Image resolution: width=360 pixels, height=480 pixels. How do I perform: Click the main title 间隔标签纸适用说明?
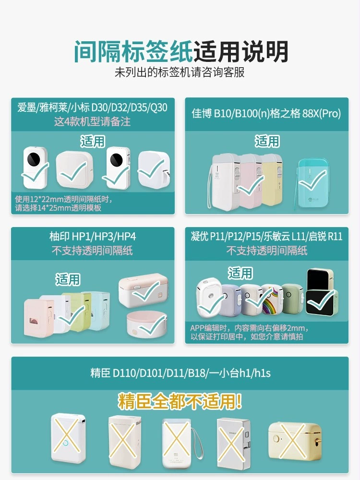[x=180, y=51]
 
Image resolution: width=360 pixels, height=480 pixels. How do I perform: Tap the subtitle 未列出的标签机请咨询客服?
[x=180, y=72]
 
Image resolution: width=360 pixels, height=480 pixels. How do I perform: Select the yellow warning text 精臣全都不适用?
[x=180, y=401]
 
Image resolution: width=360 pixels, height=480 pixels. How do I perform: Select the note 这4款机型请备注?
[x=92, y=121]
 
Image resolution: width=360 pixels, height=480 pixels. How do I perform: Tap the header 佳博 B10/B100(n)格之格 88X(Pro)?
[x=266, y=114]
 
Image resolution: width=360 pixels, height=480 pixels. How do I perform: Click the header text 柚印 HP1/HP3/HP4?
[x=93, y=236]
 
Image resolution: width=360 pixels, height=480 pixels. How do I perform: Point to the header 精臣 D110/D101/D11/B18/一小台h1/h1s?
[x=180, y=373]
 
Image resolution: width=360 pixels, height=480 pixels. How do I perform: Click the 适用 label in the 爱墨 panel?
[x=93, y=142]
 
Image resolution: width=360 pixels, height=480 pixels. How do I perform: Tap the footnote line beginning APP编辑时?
[x=249, y=328]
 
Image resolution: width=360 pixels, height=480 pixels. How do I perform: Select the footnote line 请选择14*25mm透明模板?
[x=58, y=208]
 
